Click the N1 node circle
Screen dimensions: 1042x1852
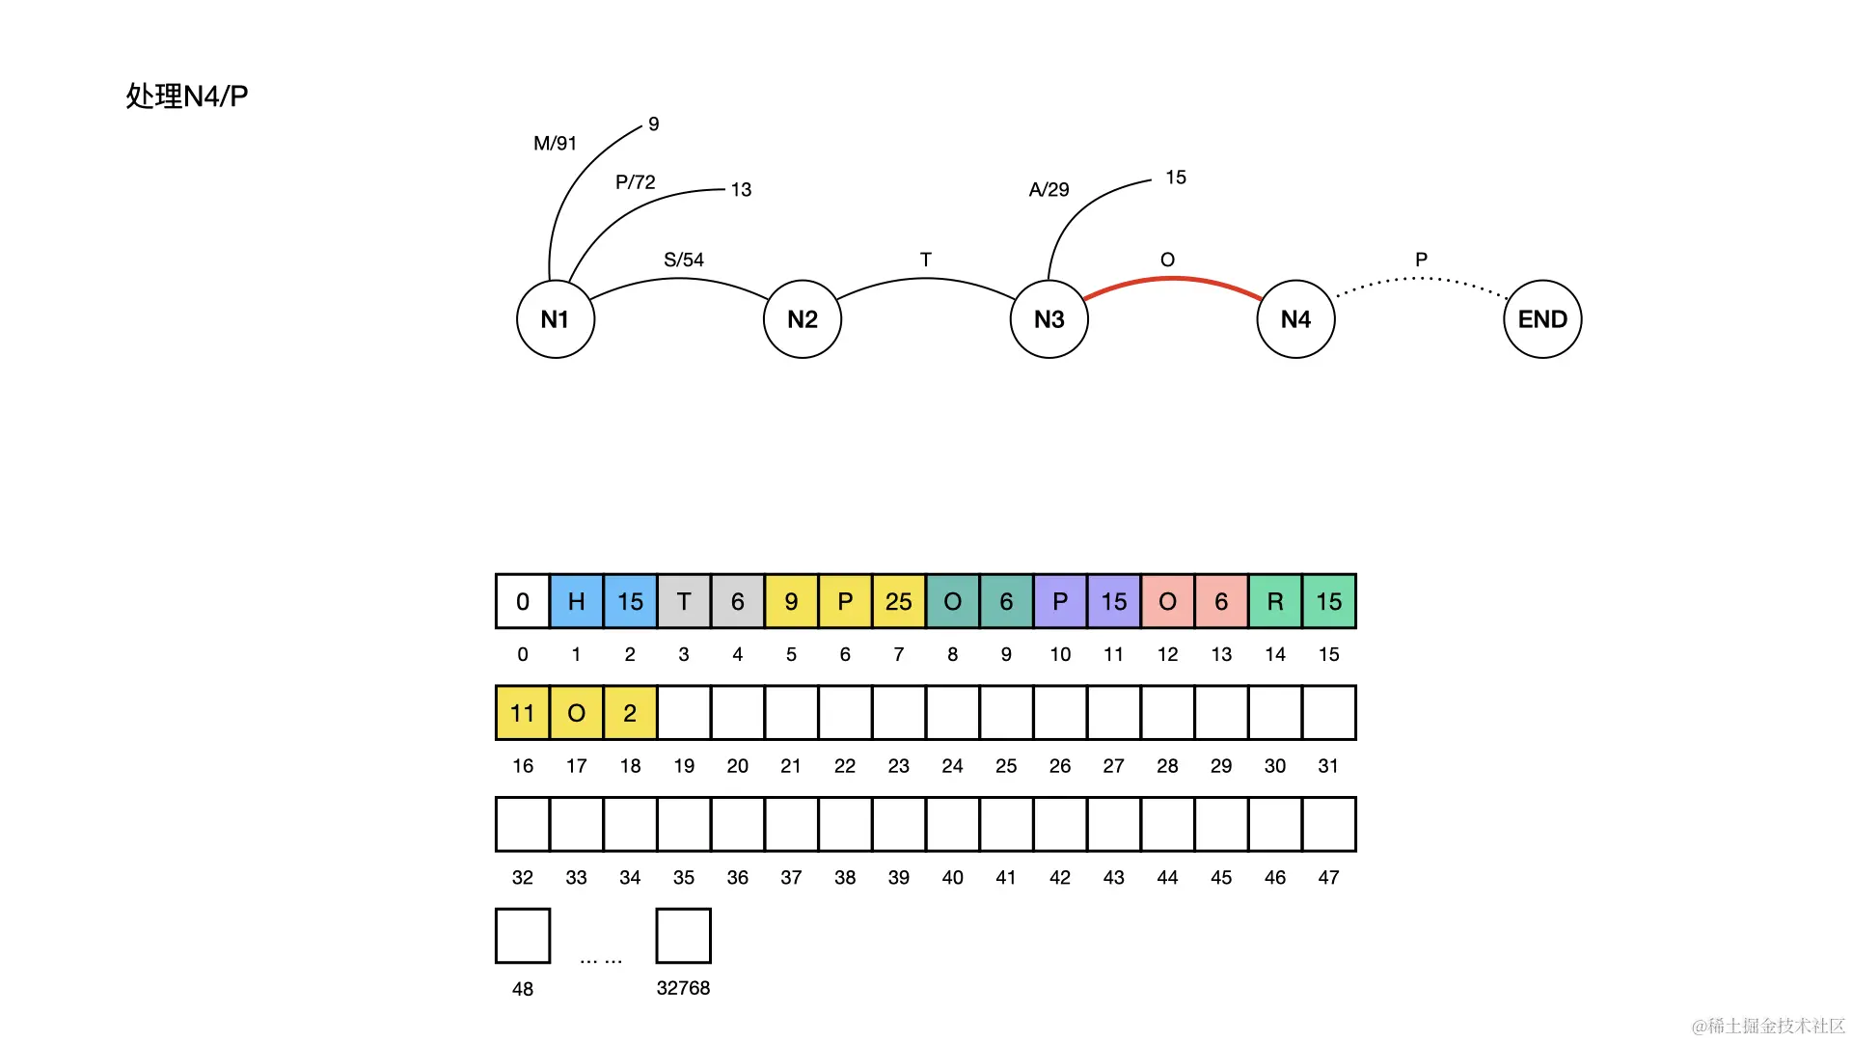coord(555,319)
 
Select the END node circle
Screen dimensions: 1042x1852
coord(1541,319)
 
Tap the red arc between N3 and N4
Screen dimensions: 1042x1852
coord(1172,279)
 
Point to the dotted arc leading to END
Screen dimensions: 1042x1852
coord(1420,279)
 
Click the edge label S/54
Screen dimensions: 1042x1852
coord(684,260)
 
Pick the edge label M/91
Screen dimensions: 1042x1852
coord(555,144)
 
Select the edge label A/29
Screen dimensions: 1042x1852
coord(1049,190)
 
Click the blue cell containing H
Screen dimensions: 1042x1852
coord(576,601)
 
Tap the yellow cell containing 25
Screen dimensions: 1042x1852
coord(898,601)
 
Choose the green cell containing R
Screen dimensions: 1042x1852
coord(1274,601)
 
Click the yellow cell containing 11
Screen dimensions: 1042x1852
coord(522,713)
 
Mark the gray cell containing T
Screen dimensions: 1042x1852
coord(683,601)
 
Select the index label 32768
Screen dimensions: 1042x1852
coord(683,988)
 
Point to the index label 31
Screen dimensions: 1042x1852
coord(1328,766)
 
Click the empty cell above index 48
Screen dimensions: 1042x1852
coord(522,935)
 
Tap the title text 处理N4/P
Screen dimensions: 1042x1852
coord(187,96)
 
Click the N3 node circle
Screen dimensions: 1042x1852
coord(1049,319)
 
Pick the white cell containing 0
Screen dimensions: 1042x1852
coord(522,601)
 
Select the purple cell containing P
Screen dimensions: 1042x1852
coord(1059,601)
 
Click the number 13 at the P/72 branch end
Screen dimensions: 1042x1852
coord(741,190)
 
